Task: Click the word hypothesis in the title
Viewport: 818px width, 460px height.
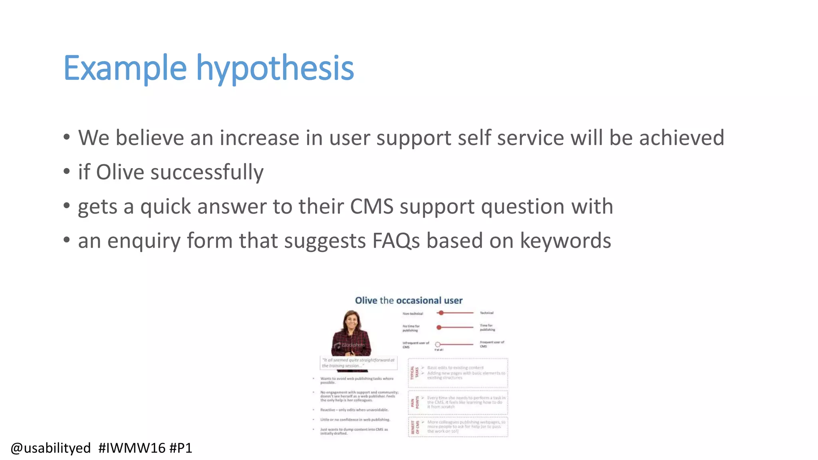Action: [275, 69]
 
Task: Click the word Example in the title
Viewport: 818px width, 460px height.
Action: [125, 69]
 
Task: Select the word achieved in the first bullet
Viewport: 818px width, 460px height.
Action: [681, 138]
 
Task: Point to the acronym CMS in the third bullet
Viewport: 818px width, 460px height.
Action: [371, 207]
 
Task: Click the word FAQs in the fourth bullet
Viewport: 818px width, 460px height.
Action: [396, 241]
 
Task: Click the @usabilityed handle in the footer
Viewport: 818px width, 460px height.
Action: [51, 448]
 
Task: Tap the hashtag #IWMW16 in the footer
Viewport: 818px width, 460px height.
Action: [132, 448]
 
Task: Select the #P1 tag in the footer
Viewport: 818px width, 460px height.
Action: [181, 448]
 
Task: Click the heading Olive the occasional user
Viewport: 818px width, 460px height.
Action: [409, 300]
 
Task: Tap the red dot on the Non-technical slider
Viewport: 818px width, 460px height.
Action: [441, 313]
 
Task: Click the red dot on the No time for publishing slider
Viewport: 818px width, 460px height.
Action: [439, 327]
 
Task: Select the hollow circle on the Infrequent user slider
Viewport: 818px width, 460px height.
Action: [438, 344]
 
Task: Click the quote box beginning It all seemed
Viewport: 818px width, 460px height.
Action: [358, 363]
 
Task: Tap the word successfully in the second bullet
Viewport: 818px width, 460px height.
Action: [206, 172]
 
